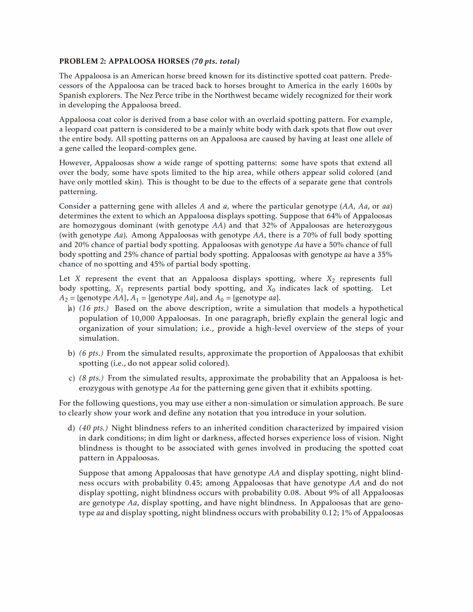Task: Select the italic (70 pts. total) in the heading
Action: pyautogui.click(x=215, y=61)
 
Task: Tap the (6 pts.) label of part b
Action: pyautogui.click(x=91, y=353)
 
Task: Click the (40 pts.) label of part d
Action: pyautogui.click(x=94, y=428)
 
